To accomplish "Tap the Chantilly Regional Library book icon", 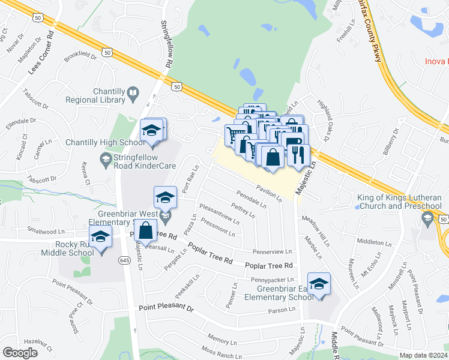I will pyautogui.click(x=133, y=93).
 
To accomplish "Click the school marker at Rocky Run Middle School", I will pyautogui.click(x=101, y=238).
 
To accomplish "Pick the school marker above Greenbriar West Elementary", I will pyautogui.click(x=165, y=197).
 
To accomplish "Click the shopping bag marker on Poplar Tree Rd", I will pyautogui.click(x=146, y=230).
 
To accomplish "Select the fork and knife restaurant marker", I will pyautogui.click(x=298, y=155).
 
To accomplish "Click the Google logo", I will pyautogui.click(x=20, y=353).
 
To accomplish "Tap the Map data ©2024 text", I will pyautogui.click(x=423, y=355).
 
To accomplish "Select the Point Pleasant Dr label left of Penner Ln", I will pyautogui.click(x=166, y=308).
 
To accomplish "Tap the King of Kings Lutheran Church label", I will pyautogui.click(x=399, y=202).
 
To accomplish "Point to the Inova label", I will pyautogui.click(x=436, y=61).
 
